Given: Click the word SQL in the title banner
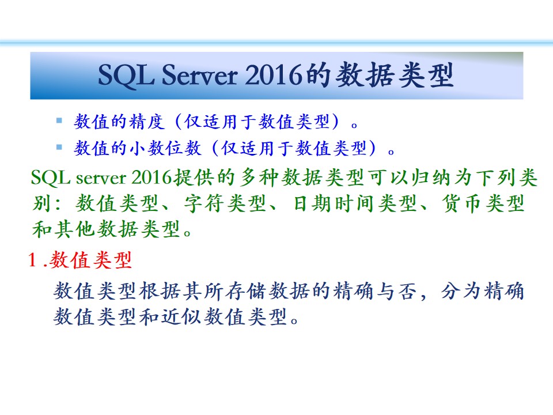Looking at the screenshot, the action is [x=126, y=75].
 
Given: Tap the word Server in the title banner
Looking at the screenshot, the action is [x=200, y=75].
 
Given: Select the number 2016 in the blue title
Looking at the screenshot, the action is [x=274, y=75].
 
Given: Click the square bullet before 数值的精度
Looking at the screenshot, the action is [x=59, y=120].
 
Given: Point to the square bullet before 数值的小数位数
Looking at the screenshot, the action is [x=59, y=147].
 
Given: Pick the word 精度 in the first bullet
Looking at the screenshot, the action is [x=147, y=122].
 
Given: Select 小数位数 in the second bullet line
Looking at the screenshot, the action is [x=166, y=148].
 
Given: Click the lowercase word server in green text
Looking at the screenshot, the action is [x=101, y=178].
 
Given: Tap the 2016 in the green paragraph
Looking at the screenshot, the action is [x=151, y=177].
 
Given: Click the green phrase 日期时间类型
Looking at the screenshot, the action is [x=355, y=203].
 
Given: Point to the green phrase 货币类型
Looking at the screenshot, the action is [x=483, y=203].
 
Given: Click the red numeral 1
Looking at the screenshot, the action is [x=32, y=260].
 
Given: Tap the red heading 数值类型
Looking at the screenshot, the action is [x=90, y=261].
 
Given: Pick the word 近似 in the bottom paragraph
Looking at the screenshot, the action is [x=181, y=316].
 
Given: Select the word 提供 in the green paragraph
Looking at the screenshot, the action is [x=194, y=177].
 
